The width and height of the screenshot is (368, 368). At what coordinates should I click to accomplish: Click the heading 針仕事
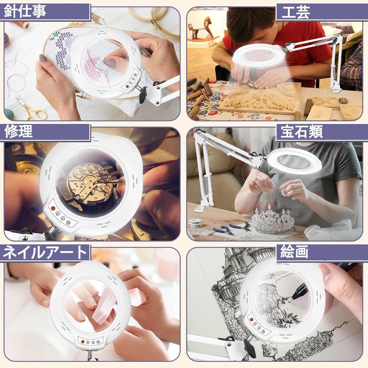point(25,11)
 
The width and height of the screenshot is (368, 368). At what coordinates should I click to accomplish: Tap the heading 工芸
point(296,13)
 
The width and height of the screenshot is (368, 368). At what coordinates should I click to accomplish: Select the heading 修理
point(18,132)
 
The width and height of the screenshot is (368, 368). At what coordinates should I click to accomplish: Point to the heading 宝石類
point(302,132)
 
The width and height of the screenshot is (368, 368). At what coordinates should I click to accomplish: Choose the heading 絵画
point(294,252)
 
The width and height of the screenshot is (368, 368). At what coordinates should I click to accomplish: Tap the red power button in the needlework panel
point(127,87)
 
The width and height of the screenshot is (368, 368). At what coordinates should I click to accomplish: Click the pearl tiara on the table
point(272,219)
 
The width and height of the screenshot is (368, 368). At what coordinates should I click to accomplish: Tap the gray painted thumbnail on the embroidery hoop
point(43,58)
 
